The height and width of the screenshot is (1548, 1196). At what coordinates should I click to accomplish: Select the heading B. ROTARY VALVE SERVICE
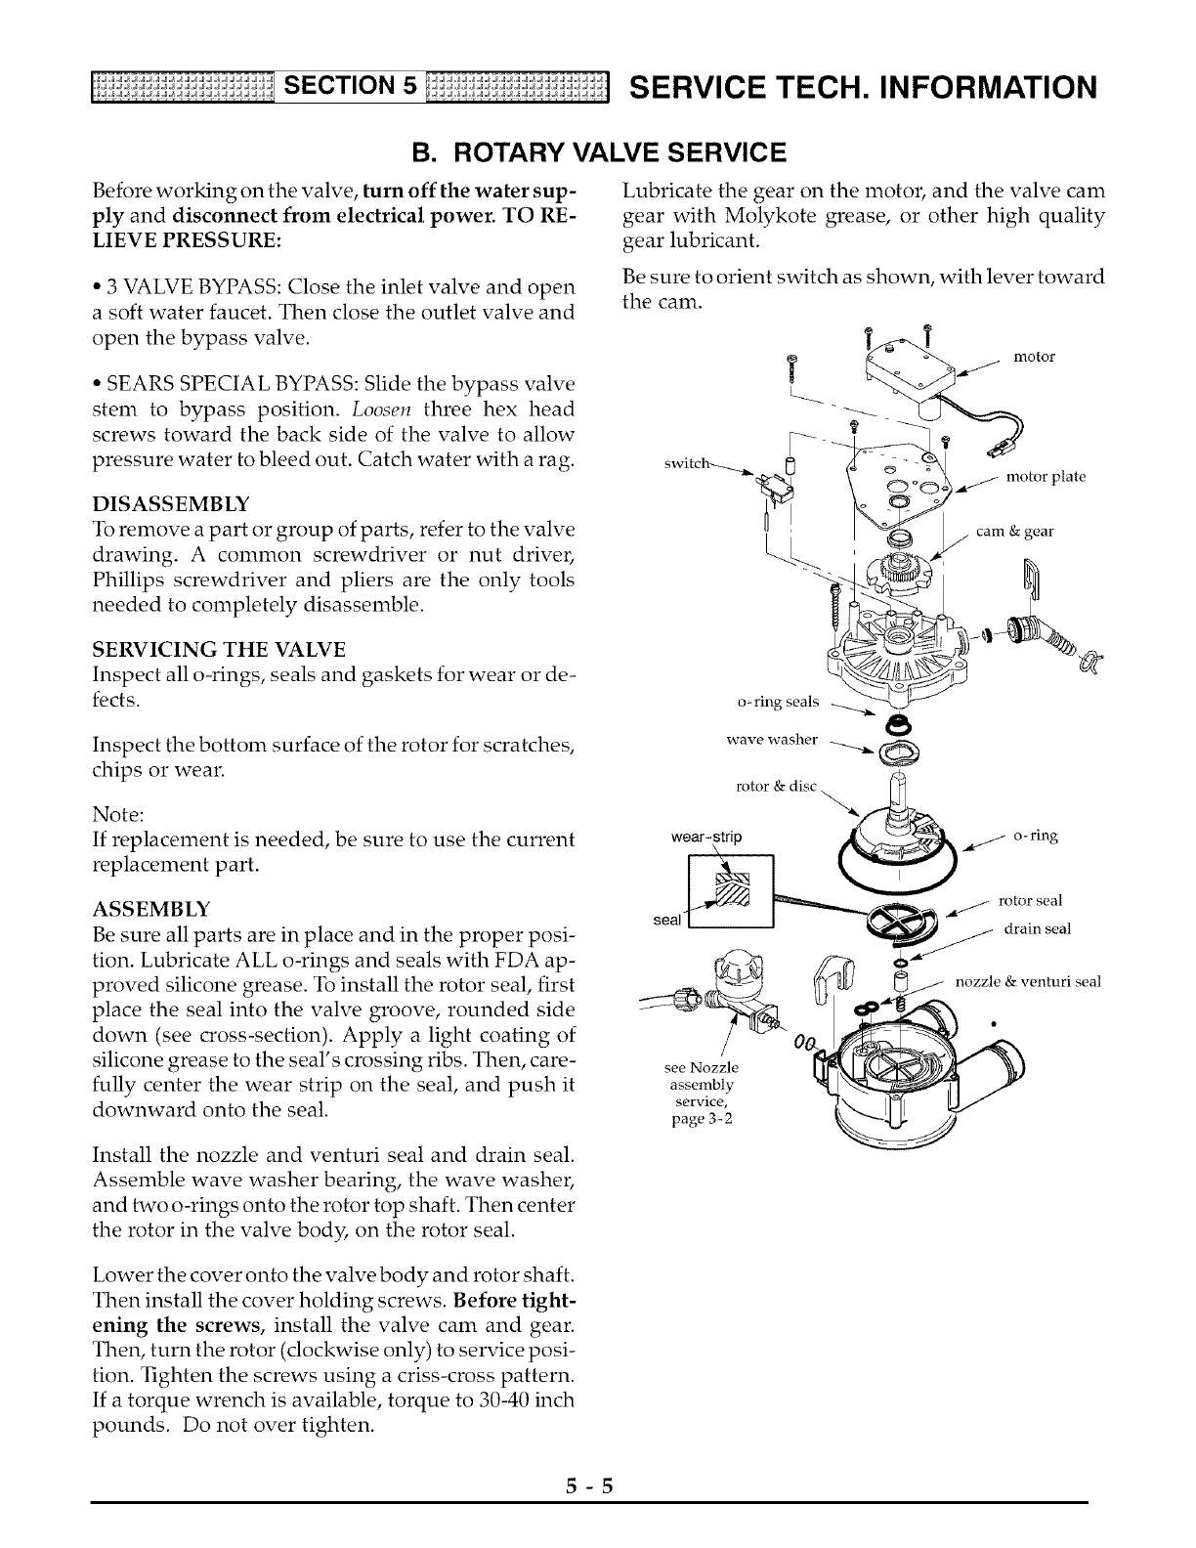[597, 151]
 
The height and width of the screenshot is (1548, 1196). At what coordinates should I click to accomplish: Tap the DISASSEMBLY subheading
[171, 503]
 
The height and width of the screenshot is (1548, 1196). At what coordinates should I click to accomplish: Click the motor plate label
[1046, 477]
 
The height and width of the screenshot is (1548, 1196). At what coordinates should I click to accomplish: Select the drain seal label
[1037, 928]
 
